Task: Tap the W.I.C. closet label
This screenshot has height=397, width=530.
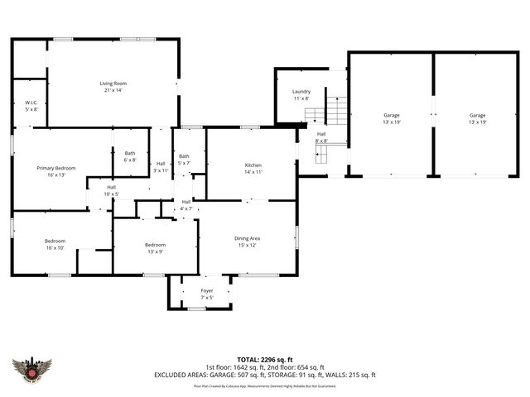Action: pos(31,106)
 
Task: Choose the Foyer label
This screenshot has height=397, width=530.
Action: pos(207,294)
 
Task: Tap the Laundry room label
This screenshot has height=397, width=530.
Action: pos(301,94)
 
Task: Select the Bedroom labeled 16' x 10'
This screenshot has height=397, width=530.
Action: pos(55,244)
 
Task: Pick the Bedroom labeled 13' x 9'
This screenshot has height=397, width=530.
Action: pos(156,248)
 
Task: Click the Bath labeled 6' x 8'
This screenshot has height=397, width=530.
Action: pos(130,155)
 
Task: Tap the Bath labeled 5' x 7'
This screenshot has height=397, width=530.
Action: pos(184,160)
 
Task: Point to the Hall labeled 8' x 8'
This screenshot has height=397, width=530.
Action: pos(321,137)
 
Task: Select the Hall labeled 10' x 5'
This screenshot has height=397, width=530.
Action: pos(111,190)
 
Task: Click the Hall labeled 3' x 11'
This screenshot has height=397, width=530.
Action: pos(161,166)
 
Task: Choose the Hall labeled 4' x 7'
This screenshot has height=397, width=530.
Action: pos(186,205)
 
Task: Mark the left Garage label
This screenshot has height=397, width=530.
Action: pos(391,118)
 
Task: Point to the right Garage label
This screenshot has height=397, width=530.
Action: pos(478,118)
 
